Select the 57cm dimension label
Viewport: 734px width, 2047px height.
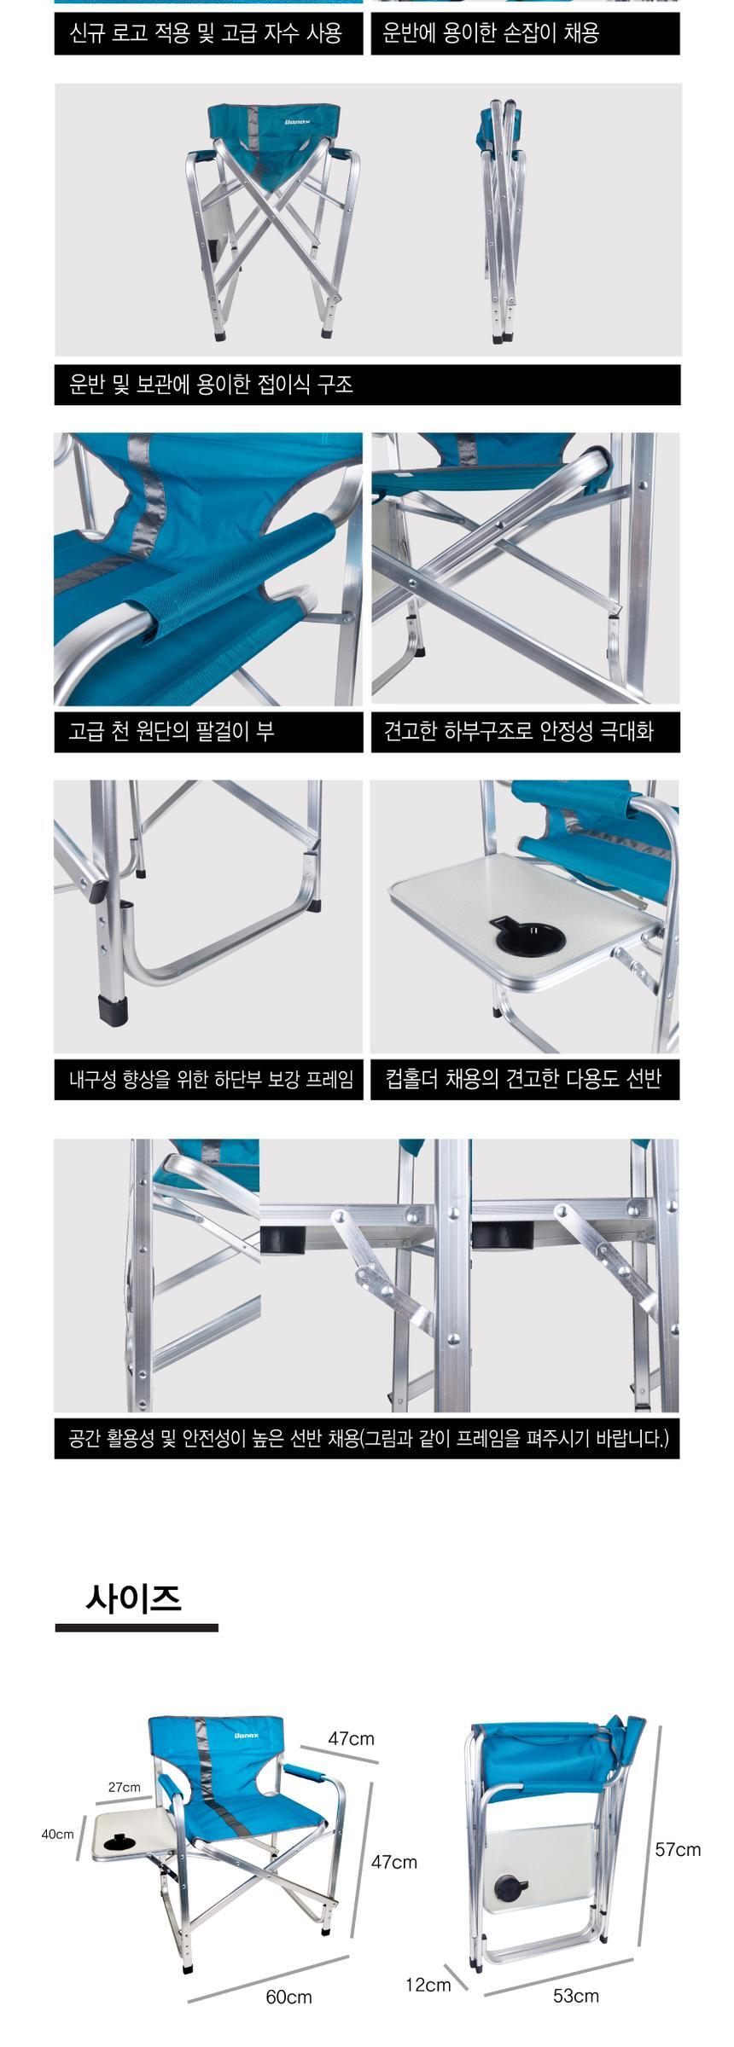click(678, 1849)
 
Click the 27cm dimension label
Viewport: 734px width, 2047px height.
click(124, 1787)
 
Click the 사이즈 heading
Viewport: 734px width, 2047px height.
click(133, 1598)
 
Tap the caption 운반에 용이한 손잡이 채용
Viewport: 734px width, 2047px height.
click(491, 33)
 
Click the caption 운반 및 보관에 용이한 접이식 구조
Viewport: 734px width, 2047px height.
click(211, 385)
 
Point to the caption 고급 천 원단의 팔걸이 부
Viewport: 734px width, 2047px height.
click(172, 732)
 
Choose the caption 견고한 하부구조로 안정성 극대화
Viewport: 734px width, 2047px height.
click(518, 732)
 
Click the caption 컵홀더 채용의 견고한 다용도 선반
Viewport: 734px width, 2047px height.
click(523, 1079)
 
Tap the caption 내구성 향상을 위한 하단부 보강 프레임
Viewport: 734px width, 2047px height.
click(211, 1079)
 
